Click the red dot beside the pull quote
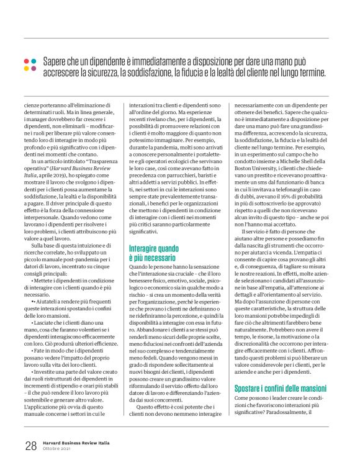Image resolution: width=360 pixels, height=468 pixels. click(25, 61)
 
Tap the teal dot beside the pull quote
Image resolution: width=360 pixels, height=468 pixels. click(33, 61)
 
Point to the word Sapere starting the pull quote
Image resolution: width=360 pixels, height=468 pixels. click(56, 61)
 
